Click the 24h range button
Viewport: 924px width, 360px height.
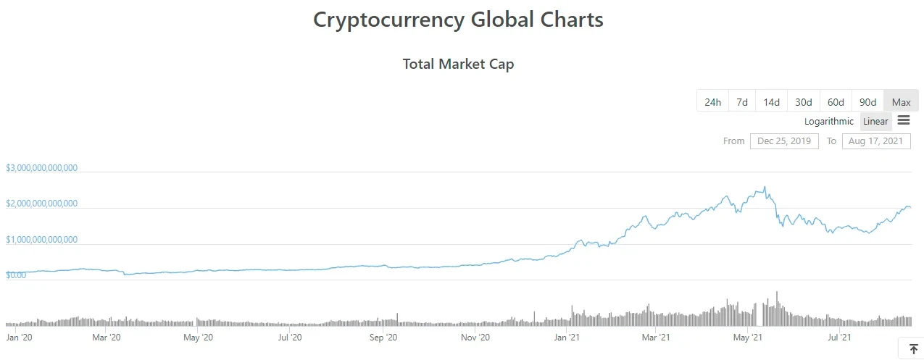click(x=712, y=102)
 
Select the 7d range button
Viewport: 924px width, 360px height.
click(x=742, y=102)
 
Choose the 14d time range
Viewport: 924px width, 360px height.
click(x=771, y=102)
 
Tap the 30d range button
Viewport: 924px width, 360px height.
click(x=803, y=102)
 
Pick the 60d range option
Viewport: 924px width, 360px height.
click(x=836, y=102)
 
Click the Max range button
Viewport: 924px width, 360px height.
click(x=901, y=102)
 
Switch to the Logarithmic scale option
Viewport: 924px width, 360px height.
click(x=829, y=121)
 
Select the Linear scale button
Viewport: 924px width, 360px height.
click(x=875, y=121)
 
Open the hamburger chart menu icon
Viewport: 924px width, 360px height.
click(x=904, y=120)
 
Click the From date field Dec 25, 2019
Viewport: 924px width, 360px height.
click(x=784, y=141)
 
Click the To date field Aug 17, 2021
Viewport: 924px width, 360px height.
click(x=876, y=141)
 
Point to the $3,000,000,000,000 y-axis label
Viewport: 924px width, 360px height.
click(x=41, y=168)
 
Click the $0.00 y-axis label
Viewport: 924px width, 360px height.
click(x=16, y=275)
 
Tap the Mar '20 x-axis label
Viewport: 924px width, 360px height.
click(x=107, y=337)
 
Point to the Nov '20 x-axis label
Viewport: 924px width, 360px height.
click(x=475, y=337)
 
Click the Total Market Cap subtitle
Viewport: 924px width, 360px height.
click(x=458, y=64)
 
